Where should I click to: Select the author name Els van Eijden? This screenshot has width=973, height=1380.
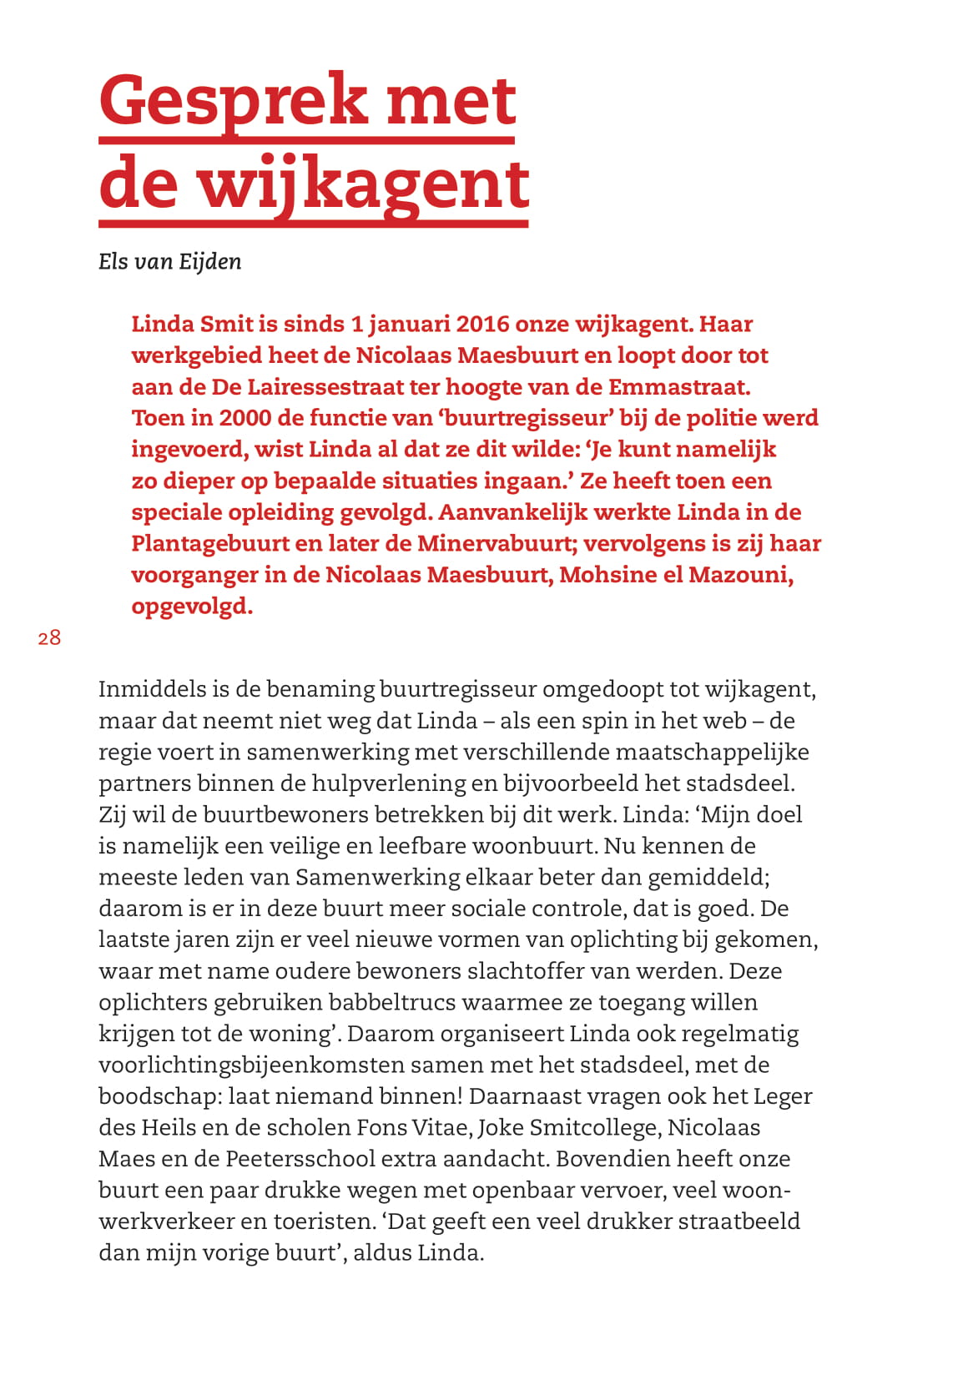[170, 262]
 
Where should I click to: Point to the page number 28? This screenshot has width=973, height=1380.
[49, 638]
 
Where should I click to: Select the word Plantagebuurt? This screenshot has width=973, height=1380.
[211, 544]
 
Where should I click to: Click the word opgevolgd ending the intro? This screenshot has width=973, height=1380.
[192, 607]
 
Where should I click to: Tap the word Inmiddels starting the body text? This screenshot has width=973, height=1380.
[153, 689]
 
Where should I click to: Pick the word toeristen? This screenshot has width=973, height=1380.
[320, 1221]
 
